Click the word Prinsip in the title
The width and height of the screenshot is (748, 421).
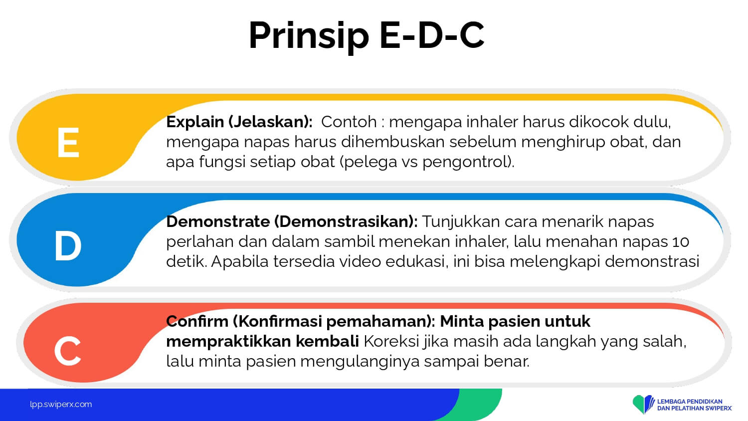(x=309, y=36)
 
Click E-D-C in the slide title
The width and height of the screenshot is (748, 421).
(x=432, y=35)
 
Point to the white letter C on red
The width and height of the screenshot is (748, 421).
(x=67, y=351)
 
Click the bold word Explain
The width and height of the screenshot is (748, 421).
(x=195, y=122)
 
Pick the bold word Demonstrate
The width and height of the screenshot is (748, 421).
(x=218, y=221)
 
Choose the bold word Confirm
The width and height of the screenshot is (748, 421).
(x=197, y=321)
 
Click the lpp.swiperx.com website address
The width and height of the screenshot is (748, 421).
(x=61, y=405)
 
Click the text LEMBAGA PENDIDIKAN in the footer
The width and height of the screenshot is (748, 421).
(x=690, y=402)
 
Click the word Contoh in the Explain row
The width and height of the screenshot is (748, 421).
(x=349, y=122)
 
